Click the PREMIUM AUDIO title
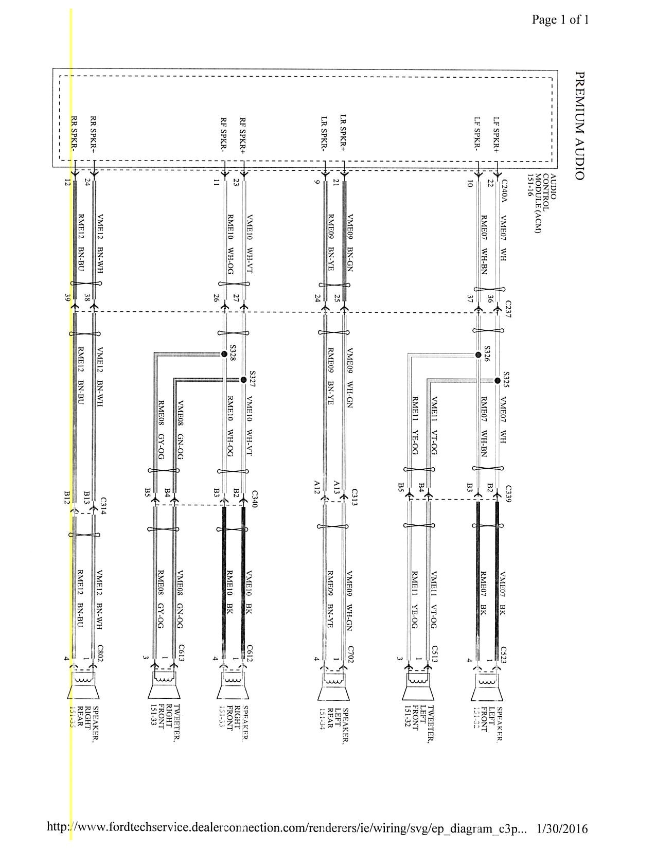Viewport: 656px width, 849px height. (x=579, y=126)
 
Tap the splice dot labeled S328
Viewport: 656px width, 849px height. (x=224, y=354)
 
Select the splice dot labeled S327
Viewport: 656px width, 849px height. (x=243, y=380)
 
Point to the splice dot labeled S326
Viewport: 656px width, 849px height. (x=478, y=355)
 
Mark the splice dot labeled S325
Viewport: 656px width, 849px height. (x=497, y=380)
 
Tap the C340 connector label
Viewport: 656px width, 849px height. (x=254, y=499)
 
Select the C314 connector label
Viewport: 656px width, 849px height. (x=103, y=504)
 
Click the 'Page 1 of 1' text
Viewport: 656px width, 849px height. (x=560, y=20)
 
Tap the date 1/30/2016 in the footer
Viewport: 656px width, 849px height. (x=562, y=828)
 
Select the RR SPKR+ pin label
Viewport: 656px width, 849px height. (x=94, y=134)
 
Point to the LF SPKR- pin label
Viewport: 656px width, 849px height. (x=477, y=134)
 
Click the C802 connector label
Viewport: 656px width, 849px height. (x=100, y=652)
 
